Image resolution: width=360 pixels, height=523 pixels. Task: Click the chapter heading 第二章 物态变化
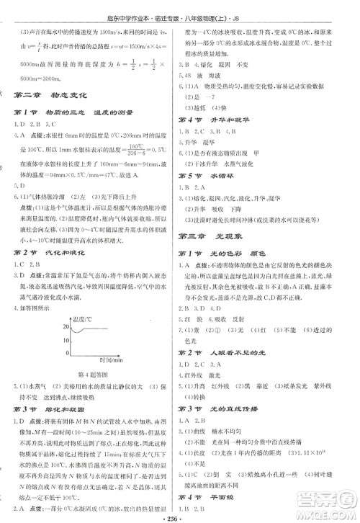click(x=54, y=95)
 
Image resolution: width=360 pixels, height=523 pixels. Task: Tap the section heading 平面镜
click(x=220, y=496)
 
